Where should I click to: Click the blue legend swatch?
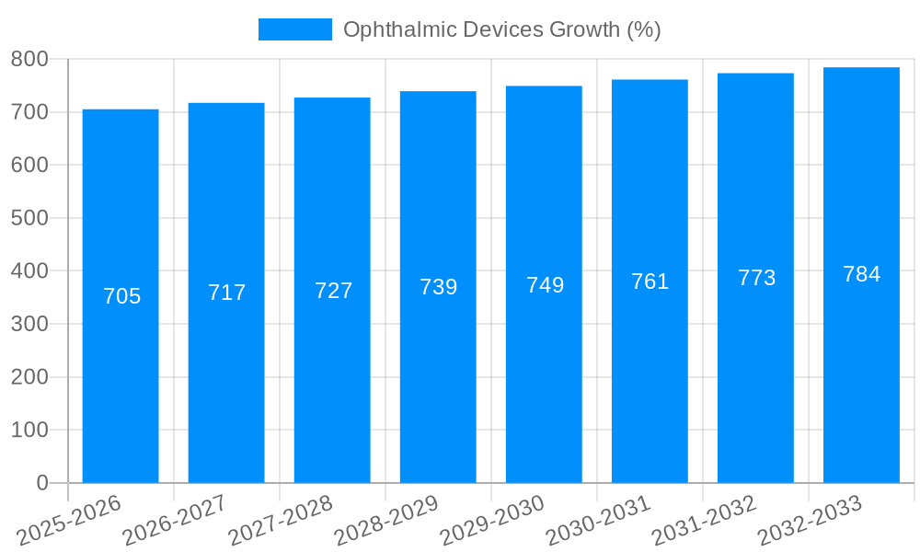[294, 29]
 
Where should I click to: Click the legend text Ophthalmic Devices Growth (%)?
[501, 29]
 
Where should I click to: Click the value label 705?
[121, 296]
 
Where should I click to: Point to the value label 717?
[226, 293]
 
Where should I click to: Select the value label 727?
[333, 291]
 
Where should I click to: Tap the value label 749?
[545, 285]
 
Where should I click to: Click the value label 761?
[650, 282]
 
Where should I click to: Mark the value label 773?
[756, 278]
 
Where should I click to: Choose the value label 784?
[861, 274]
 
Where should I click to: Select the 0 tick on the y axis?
[41, 483]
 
